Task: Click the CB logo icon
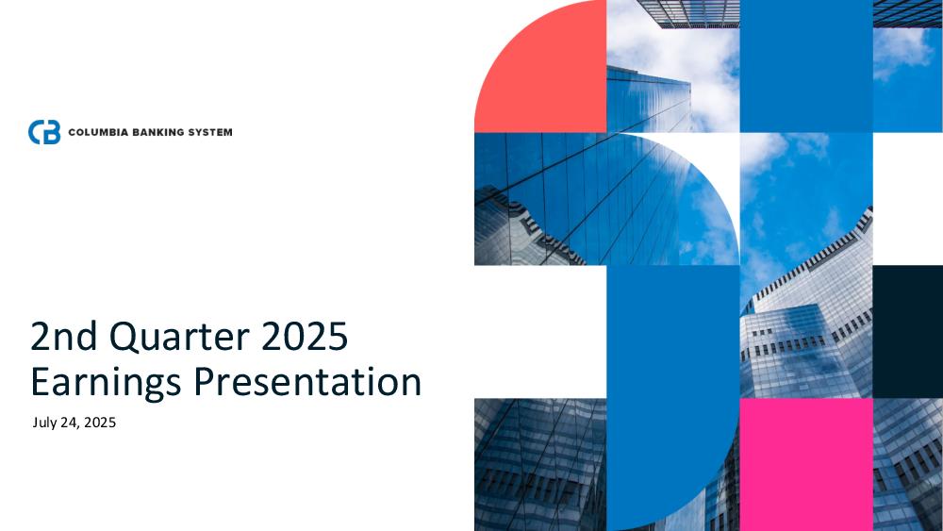click(44, 132)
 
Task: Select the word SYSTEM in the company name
click(210, 132)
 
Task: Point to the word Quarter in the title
click(179, 336)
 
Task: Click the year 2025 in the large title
click(305, 336)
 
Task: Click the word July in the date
click(45, 423)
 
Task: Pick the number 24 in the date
click(69, 423)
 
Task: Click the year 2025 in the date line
click(100, 423)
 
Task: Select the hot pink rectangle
click(806, 464)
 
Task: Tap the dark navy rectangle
click(907, 331)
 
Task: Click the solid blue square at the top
click(806, 66)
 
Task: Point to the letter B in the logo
click(53, 132)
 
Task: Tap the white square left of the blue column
click(540, 331)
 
